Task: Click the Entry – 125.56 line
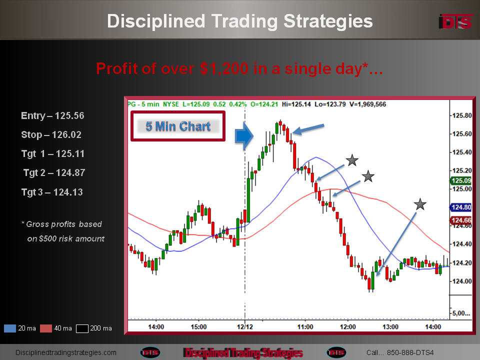(52, 115)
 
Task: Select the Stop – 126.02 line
(51, 134)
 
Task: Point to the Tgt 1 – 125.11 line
(52, 153)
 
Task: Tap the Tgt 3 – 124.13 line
(52, 192)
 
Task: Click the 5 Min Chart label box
(178, 126)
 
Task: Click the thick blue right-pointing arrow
(244, 136)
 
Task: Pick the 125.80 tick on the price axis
(462, 115)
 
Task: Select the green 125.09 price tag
(461, 180)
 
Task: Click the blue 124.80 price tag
(461, 207)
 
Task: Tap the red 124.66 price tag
(461, 220)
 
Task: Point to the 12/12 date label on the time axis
(245, 327)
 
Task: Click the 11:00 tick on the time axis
(305, 327)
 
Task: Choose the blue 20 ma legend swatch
(10, 328)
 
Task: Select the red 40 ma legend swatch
(46, 328)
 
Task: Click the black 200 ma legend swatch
(82, 328)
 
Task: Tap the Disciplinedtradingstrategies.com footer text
(66, 352)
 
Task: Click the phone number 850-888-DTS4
(410, 352)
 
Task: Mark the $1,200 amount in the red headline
(224, 68)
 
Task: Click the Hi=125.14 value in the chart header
(296, 104)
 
